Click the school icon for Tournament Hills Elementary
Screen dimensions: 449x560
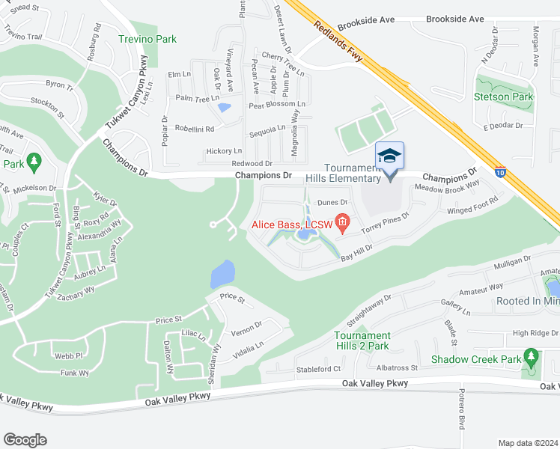[x=389, y=156]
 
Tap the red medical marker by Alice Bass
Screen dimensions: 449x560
[x=343, y=222]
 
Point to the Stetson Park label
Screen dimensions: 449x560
[x=503, y=97]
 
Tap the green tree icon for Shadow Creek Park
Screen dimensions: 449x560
[x=532, y=357]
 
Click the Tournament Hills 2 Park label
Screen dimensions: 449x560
[x=362, y=340]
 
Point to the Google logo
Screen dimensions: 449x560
[x=25, y=439]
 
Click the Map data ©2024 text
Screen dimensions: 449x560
[x=529, y=442]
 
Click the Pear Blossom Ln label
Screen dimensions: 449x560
[x=277, y=105]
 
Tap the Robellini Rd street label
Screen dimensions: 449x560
[x=194, y=128]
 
